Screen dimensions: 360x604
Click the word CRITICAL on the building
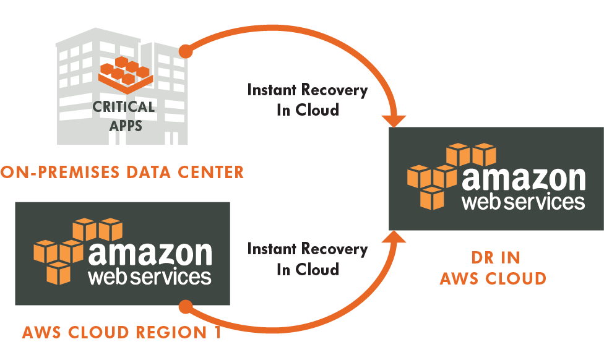123,106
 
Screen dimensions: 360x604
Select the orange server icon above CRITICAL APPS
126,73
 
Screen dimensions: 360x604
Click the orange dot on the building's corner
185,51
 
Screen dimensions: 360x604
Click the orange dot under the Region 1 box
185,306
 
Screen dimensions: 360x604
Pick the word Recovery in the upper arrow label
335,90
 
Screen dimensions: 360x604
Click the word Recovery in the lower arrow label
335,249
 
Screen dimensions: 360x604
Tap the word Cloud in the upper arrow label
316,111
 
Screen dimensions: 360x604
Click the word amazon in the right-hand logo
524,179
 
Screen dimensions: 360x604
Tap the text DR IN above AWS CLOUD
492,257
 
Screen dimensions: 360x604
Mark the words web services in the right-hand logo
524,202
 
